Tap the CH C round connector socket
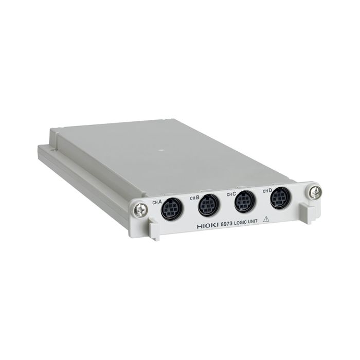tap(244, 201)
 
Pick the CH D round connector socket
tap(280, 197)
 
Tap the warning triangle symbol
tap(266, 218)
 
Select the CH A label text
tap(157, 202)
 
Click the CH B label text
tap(194, 197)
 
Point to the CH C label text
tap(231, 194)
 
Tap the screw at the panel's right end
tap(315, 192)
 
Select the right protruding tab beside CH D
tap(308, 211)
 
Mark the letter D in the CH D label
tap(270, 190)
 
